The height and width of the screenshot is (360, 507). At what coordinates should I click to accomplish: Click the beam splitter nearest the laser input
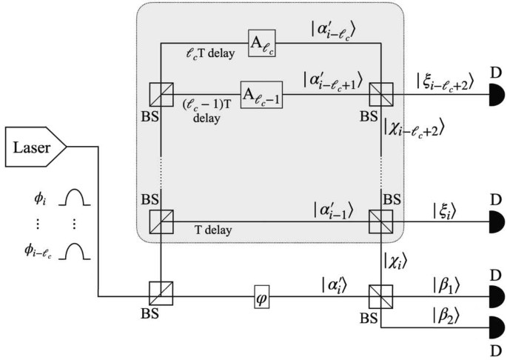(x=161, y=292)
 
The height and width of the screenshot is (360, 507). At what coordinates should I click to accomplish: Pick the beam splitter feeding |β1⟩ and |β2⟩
(x=380, y=292)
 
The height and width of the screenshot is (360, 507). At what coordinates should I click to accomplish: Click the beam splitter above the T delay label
(x=161, y=220)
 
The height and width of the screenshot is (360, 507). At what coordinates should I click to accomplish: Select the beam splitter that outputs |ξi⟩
(x=380, y=220)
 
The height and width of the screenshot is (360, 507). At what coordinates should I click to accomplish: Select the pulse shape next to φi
(x=75, y=199)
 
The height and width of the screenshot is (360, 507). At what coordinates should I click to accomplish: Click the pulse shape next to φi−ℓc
(x=75, y=254)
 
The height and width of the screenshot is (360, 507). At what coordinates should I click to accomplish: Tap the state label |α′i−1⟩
(x=326, y=210)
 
